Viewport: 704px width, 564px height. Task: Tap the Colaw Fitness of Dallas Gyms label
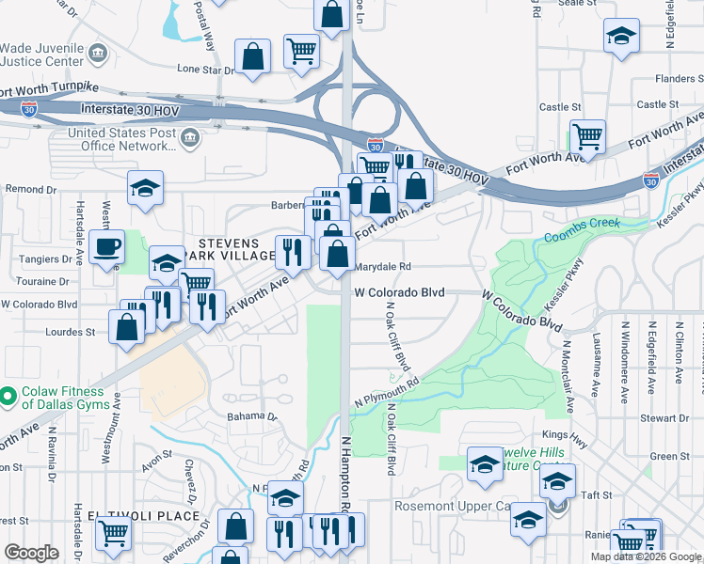[x=56, y=398]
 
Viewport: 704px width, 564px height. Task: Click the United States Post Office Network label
[x=120, y=139]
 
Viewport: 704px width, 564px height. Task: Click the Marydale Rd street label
[x=384, y=267]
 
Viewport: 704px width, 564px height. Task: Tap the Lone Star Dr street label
[x=205, y=70]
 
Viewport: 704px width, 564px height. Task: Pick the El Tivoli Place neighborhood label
[x=143, y=516]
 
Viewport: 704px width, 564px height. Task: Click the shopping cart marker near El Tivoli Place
[x=113, y=533]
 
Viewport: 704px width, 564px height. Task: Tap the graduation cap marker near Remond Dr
[x=146, y=189]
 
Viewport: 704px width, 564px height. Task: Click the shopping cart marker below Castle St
[x=588, y=137]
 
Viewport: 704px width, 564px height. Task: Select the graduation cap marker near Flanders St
[x=620, y=37]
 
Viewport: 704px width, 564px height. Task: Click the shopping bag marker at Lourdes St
[x=127, y=327]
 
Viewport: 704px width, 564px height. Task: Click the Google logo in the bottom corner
[x=31, y=552]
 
